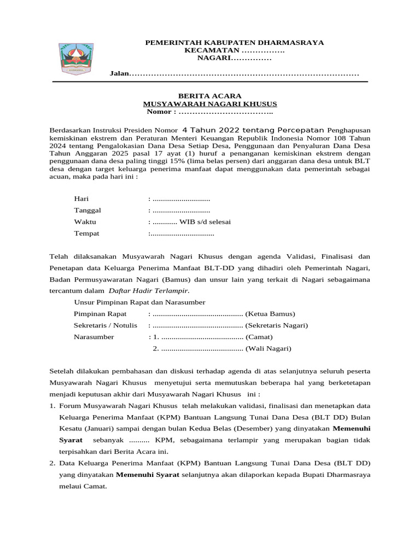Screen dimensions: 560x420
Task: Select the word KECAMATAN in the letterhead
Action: pos(213,50)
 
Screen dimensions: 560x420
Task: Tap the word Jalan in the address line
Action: pos(119,73)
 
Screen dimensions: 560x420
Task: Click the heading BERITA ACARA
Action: pos(210,96)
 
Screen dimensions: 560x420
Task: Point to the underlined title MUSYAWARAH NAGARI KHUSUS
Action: pos(210,103)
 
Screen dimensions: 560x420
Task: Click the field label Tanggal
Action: pos(87,210)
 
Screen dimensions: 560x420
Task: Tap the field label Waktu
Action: pos(85,221)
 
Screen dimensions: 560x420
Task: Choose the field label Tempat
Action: pos(86,234)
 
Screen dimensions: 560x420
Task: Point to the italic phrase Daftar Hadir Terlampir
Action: pos(149,290)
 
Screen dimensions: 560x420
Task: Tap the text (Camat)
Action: pos(259,337)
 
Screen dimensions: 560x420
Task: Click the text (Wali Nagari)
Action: pos(269,348)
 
